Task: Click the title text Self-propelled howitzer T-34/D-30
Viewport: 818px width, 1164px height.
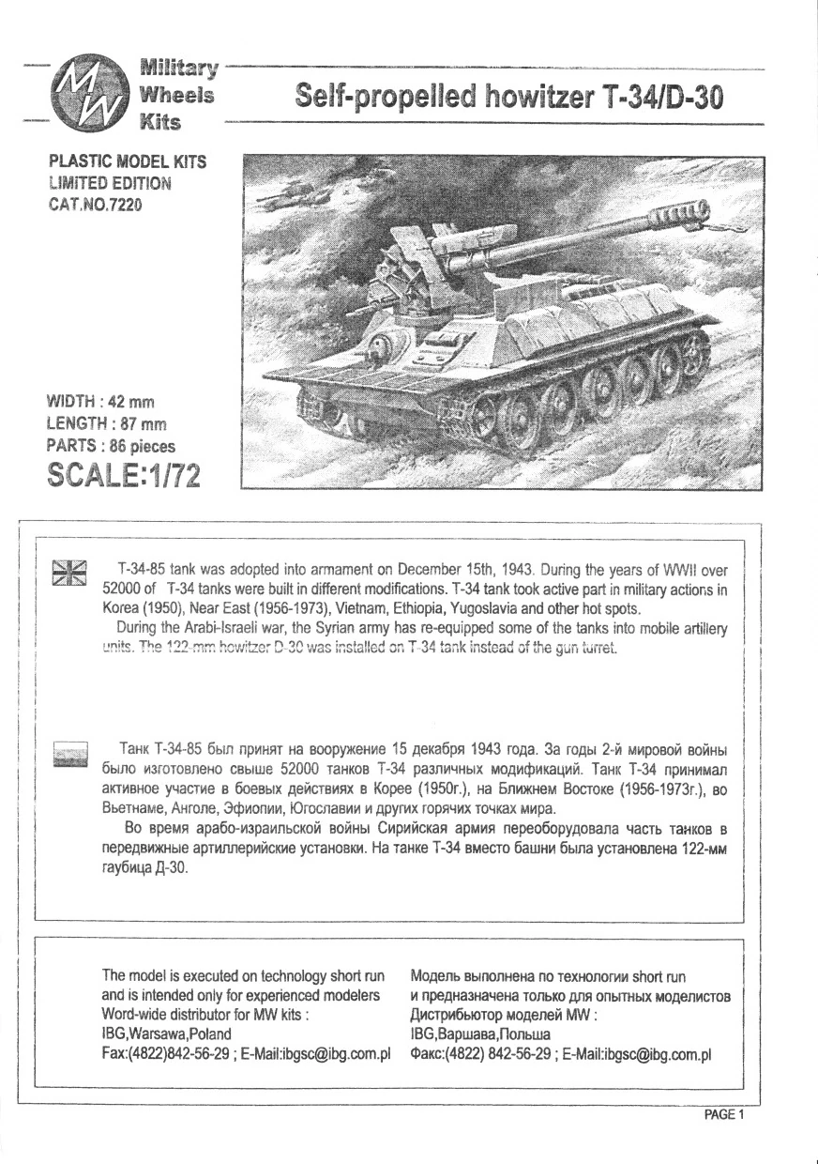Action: (508, 97)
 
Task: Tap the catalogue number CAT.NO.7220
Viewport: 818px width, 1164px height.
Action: (97, 204)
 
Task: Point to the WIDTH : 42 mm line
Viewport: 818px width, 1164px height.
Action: (100, 403)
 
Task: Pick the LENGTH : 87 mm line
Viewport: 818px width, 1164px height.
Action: (105, 424)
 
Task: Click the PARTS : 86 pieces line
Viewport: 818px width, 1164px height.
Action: (111, 446)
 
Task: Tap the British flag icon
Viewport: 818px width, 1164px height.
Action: (68, 574)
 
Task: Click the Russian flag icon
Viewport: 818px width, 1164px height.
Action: (68, 754)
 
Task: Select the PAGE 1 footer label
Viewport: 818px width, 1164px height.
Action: (723, 1115)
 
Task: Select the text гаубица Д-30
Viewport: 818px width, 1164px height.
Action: (144, 869)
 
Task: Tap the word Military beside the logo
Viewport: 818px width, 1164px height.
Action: (178, 69)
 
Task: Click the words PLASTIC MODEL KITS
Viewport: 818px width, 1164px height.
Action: (127, 162)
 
